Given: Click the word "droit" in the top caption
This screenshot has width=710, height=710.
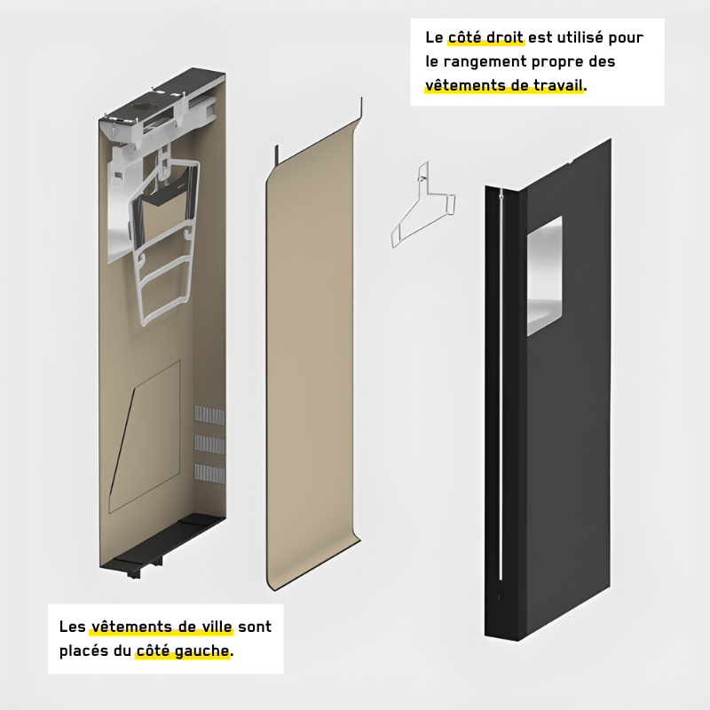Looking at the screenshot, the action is point(502,37).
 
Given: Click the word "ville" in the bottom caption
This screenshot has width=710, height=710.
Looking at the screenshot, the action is point(217,627).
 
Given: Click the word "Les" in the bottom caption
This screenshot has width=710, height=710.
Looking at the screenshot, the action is point(73,627).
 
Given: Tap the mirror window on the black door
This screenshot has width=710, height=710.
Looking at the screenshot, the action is point(545,276).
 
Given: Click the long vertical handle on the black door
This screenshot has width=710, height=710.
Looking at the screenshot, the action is point(501,386).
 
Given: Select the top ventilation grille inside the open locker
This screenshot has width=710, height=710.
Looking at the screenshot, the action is point(209,415).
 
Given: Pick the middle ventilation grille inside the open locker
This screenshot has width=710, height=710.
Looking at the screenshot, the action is point(209,445).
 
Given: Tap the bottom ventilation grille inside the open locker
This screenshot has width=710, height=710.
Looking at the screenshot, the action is point(209,474).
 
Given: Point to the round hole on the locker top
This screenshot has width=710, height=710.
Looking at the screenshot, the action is point(143,107).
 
